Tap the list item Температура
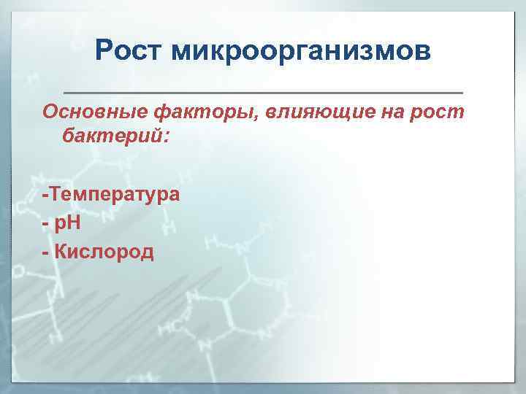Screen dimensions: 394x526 point(115,196)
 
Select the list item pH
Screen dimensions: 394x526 point(68,224)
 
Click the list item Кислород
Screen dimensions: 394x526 point(105,252)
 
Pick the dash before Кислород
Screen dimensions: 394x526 point(46,253)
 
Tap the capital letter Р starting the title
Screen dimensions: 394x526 point(105,52)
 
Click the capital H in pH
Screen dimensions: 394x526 point(75,223)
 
